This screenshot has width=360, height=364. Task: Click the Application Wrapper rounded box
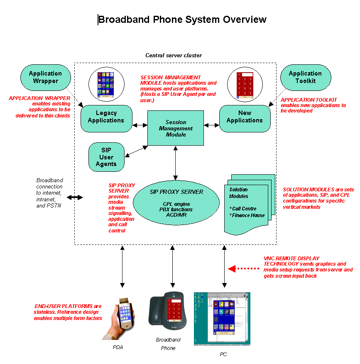pyautogui.click(x=45, y=77)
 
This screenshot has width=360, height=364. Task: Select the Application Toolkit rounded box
pyautogui.click(x=305, y=77)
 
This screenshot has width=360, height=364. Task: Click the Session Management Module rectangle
pyautogui.click(x=176, y=128)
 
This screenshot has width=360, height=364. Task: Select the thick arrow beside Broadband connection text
pyautogui.click(x=75, y=198)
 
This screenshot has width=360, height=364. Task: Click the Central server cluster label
pyautogui.click(x=174, y=55)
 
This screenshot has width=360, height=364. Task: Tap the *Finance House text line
pyautogui.click(x=247, y=215)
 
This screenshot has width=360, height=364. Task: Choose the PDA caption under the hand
pyautogui.click(x=118, y=347)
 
